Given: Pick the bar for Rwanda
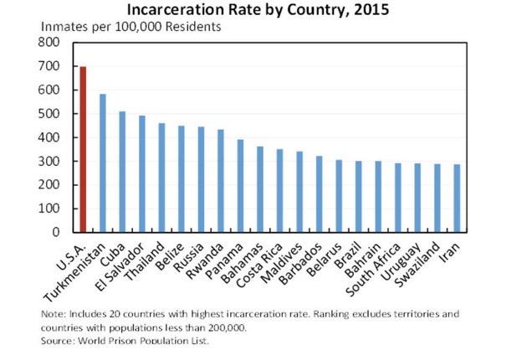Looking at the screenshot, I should (221, 181).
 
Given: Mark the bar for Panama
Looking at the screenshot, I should (241, 186).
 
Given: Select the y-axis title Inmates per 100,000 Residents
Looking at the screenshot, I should (130, 26).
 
